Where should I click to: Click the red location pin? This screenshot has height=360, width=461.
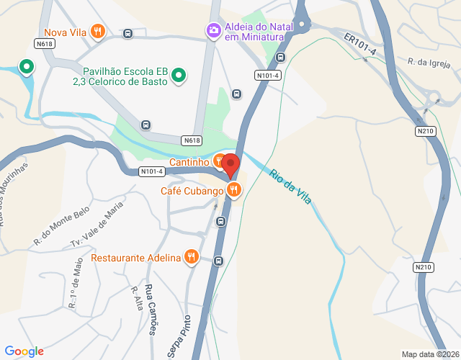(230, 165)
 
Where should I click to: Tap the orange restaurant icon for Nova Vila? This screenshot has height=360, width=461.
(99, 32)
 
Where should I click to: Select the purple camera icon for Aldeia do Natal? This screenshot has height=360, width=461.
(213, 30)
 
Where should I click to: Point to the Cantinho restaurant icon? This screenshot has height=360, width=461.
(218, 161)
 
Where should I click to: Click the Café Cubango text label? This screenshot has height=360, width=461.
(192, 191)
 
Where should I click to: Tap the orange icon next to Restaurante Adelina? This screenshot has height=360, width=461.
(191, 256)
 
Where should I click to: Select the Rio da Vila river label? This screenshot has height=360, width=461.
(291, 186)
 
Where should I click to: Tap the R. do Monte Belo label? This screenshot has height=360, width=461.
(61, 230)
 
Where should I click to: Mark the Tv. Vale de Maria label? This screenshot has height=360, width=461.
(97, 224)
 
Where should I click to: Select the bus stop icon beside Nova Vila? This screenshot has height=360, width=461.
(127, 33)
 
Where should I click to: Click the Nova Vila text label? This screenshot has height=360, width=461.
(65, 32)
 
